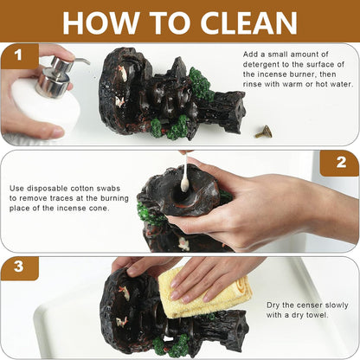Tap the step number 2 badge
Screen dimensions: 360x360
[x=340, y=163]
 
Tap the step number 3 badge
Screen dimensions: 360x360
[x=19, y=268]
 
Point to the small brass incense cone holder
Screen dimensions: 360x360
[x=263, y=132]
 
